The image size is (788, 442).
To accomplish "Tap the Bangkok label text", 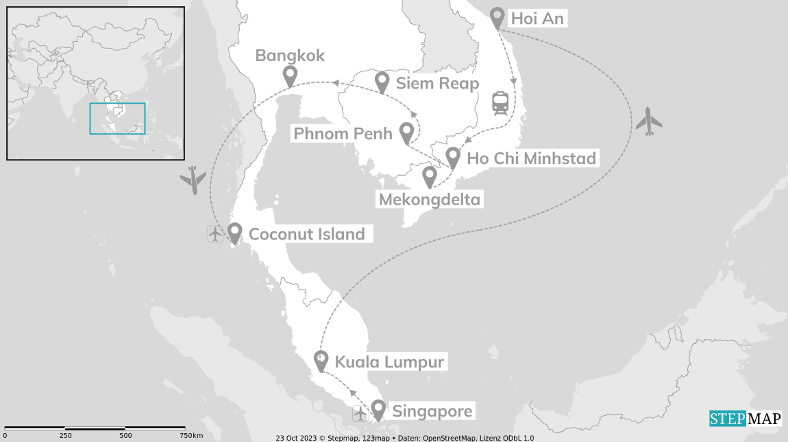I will click(290, 56).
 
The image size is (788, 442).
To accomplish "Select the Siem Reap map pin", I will click(383, 82).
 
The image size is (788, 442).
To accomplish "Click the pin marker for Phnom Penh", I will click(406, 131).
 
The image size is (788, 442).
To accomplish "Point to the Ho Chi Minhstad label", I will click(531, 159).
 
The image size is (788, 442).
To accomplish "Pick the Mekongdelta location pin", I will click(429, 176).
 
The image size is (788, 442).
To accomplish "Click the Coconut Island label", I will click(306, 234).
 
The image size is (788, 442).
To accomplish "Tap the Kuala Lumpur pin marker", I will click(320, 360).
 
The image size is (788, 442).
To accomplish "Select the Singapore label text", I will click(432, 412).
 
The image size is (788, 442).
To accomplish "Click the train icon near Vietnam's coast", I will click(500, 103).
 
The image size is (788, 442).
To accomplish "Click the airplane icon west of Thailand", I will click(193, 180).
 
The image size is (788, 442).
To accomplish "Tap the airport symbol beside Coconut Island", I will click(215, 234).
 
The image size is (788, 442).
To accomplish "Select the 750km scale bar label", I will click(191, 435).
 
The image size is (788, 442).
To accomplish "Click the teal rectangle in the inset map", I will click(117, 118).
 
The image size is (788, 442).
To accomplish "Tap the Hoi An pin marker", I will click(497, 17).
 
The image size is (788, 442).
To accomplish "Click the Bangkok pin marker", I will click(290, 75).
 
